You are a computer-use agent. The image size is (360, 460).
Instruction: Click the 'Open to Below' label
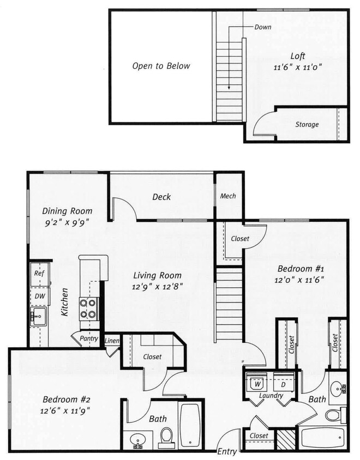[x=161, y=66]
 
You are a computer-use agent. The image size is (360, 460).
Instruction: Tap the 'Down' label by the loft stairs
[x=263, y=27]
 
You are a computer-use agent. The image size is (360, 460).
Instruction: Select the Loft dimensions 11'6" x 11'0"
[x=298, y=67]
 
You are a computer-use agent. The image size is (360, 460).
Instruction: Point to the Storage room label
[x=307, y=124]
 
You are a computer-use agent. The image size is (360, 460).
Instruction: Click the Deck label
[x=161, y=197]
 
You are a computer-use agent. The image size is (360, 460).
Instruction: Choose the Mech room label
[x=228, y=196]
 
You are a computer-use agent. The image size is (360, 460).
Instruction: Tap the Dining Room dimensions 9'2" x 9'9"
[x=67, y=222]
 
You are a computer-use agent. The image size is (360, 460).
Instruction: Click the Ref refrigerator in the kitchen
[x=40, y=274]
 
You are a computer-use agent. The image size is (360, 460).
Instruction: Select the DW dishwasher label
[x=40, y=296]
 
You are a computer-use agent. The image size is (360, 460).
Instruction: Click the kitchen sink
[x=39, y=316]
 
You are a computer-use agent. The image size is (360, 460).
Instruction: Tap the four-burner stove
[x=89, y=309]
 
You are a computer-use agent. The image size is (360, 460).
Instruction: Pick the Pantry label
[x=89, y=338]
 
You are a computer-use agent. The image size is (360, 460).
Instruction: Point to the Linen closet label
[x=112, y=341]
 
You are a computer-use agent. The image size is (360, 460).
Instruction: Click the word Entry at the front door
[x=227, y=451]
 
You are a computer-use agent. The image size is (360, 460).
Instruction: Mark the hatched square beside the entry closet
[x=286, y=439]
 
